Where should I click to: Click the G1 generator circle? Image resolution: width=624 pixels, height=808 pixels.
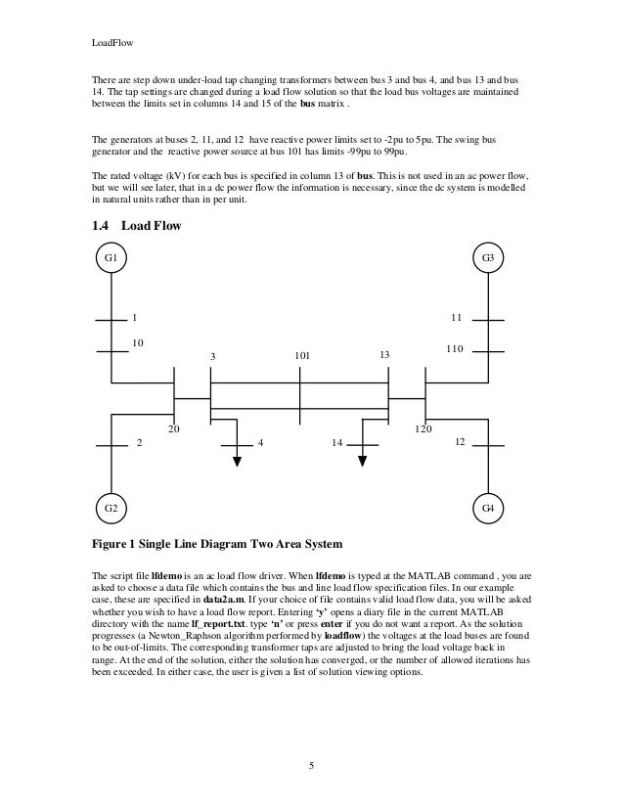pos(111,258)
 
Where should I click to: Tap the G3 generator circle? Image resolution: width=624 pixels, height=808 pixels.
pos(489,258)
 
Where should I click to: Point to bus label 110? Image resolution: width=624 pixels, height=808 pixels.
pos(454,349)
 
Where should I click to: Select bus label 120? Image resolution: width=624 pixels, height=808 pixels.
pos(423,428)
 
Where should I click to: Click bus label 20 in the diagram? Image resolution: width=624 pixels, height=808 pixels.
pos(174,428)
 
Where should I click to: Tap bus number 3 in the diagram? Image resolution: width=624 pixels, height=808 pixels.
pos(212,356)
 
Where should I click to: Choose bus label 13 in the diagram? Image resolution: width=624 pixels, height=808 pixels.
pos(384,355)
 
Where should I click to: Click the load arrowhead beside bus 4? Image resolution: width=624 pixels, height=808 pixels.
pos(237,461)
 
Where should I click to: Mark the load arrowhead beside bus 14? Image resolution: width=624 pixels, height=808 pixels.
pos(363,461)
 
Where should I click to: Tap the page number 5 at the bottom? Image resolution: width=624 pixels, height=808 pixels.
pos(311,764)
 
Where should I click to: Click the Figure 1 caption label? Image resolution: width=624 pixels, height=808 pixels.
pos(216,543)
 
